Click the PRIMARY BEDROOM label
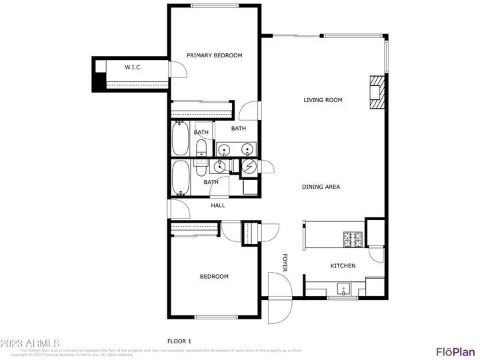(214, 55)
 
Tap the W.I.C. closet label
(134, 67)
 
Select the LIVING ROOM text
(323, 100)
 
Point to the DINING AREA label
(321, 187)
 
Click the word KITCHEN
(343, 266)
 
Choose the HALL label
(218, 205)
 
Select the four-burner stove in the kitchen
(352, 238)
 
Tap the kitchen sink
(343, 289)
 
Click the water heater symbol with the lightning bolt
(249, 166)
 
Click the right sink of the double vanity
(247, 149)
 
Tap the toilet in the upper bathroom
(202, 150)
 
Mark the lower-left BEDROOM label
(214, 276)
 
